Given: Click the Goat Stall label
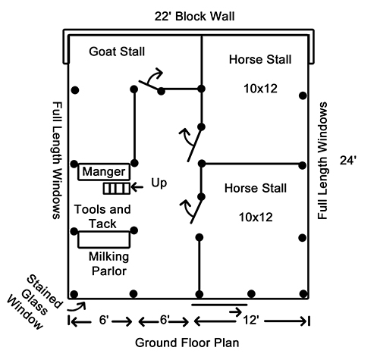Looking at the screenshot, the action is [117, 52].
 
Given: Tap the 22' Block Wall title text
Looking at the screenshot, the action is [194, 17].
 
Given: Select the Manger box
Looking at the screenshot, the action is [104, 172].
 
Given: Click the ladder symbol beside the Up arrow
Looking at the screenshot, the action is [117, 189].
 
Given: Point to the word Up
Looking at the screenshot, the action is [159, 183].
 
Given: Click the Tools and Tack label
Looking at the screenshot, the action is [102, 217].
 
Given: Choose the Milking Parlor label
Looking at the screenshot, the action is [109, 264].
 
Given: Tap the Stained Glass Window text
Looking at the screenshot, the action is [34, 302].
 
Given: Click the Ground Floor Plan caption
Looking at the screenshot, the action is [187, 343].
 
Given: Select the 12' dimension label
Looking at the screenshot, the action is [251, 320].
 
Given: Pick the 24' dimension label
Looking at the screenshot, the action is [348, 160].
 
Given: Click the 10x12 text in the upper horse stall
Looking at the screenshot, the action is [260, 89].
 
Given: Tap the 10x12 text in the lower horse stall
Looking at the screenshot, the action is [256, 218].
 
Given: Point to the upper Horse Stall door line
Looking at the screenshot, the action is [194, 144].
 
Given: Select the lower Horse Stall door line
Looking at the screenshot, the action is [196, 210].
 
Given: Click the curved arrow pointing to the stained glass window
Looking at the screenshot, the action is [77, 307].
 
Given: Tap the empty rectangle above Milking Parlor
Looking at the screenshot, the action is [104, 239].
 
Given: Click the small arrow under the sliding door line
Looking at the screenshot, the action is [235, 312].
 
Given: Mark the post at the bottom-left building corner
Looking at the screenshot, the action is [74, 294].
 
